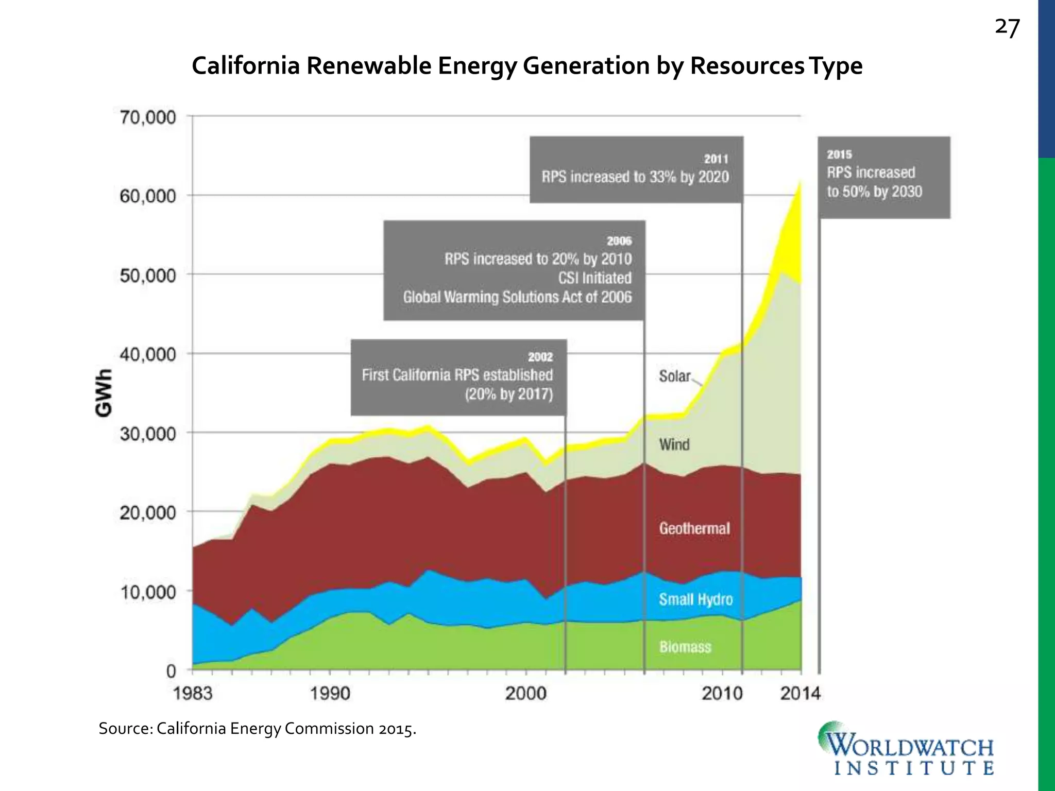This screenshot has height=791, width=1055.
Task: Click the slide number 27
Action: (x=1007, y=28)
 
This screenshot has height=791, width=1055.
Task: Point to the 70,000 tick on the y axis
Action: (x=148, y=117)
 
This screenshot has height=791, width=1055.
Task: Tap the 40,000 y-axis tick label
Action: (x=148, y=355)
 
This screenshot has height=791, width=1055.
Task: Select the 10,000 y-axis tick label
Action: (x=148, y=592)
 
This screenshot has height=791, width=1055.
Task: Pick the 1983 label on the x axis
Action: (x=193, y=694)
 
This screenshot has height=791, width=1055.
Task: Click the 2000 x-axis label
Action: (x=525, y=694)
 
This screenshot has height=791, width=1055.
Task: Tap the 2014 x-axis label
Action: (x=800, y=694)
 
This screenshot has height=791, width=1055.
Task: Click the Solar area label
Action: (x=674, y=376)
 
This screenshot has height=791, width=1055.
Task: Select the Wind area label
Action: (x=674, y=444)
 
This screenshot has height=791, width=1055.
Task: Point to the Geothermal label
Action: (x=694, y=528)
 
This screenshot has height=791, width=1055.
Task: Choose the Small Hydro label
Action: (x=695, y=599)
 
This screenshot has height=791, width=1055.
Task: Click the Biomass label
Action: (x=685, y=647)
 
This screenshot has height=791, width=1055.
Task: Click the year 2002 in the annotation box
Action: (x=540, y=357)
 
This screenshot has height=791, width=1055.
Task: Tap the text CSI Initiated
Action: (x=594, y=278)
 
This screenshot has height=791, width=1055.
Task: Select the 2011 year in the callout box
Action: (x=716, y=159)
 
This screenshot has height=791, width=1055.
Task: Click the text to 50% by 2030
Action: (x=874, y=192)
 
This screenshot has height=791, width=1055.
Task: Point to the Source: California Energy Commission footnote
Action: (x=257, y=729)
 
